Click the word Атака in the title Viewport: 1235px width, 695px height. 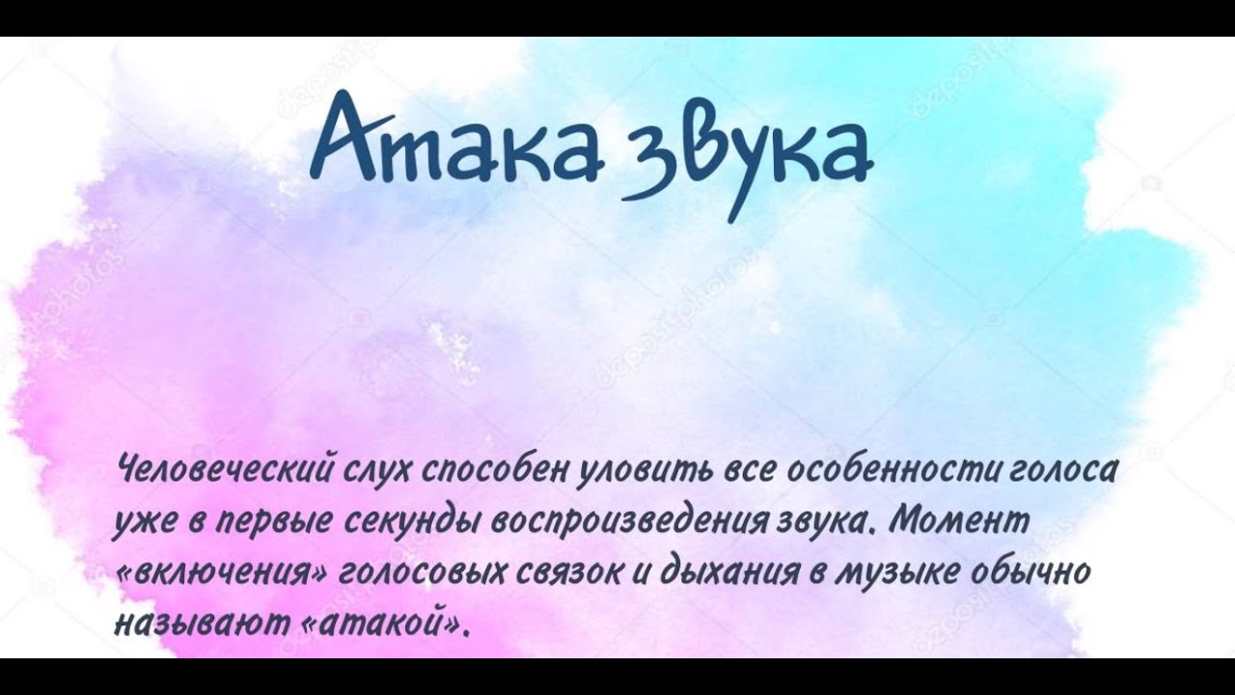click(x=457, y=138)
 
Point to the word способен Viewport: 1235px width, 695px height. click(x=493, y=473)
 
